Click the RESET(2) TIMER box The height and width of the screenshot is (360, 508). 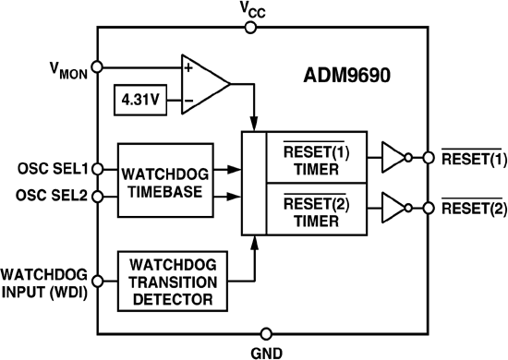coord(309,209)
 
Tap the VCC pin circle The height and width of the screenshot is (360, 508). coord(251,28)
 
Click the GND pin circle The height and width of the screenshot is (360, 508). coord(266,333)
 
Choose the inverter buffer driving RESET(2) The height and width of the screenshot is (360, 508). coord(393,209)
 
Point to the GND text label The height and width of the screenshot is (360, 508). coord(265,352)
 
